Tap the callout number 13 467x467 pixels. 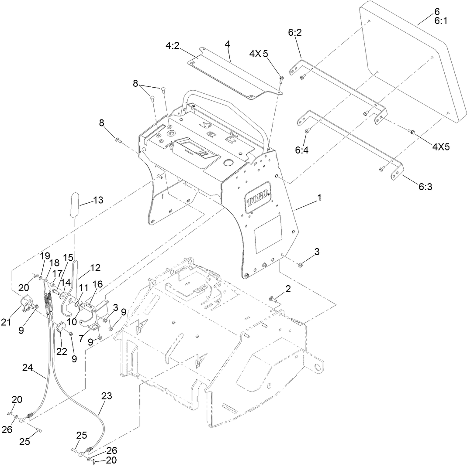98,200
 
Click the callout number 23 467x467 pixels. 107,396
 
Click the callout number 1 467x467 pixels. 319,198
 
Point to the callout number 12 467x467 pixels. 95,267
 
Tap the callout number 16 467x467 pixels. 97,284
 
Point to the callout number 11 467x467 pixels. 83,288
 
